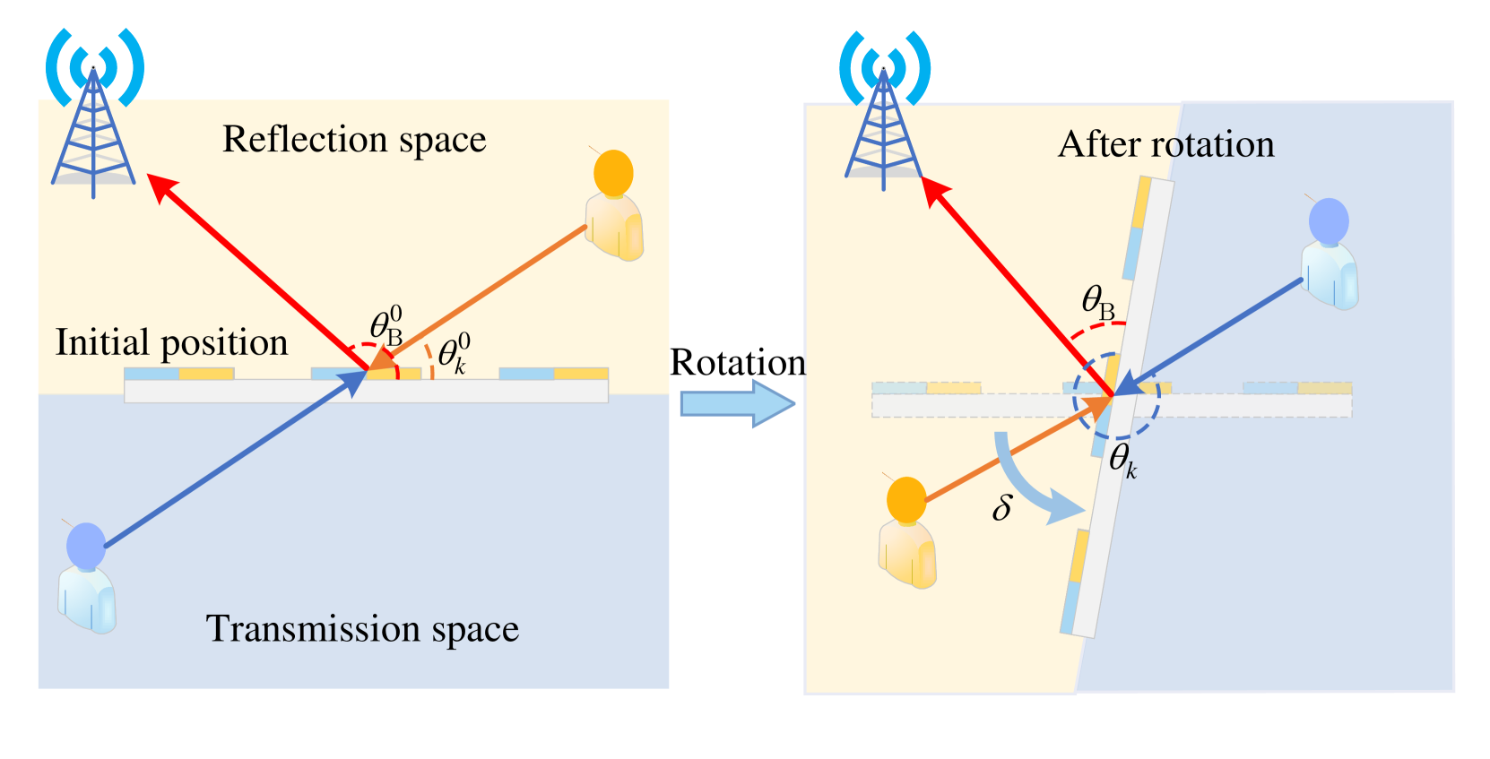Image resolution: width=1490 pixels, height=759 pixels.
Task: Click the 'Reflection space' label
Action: [353, 140]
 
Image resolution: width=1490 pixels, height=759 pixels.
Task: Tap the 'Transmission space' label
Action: [362, 629]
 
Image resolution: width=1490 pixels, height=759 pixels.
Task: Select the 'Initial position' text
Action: [171, 343]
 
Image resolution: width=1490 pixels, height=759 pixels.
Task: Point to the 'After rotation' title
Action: [1165, 145]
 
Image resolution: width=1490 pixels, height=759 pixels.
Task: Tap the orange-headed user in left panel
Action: [614, 206]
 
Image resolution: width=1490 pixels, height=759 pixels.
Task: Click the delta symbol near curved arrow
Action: [1002, 508]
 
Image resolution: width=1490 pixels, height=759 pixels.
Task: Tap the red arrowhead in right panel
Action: [935, 190]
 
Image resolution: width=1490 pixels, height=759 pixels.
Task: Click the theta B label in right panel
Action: [1097, 302]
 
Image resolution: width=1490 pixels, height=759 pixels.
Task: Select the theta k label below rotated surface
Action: [1122, 461]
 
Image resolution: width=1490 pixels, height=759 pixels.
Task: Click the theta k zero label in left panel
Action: [453, 354]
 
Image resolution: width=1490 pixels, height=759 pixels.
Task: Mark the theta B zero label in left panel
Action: [386, 326]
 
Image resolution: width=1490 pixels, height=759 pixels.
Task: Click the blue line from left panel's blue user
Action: [224, 466]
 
